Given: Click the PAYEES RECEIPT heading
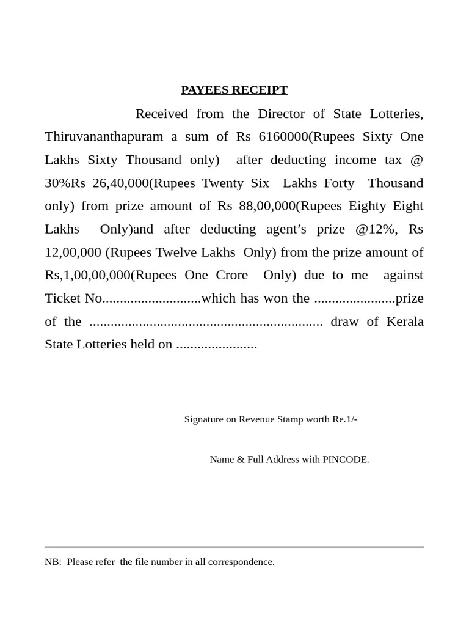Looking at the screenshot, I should (234, 90).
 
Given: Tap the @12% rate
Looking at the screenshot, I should (375, 229).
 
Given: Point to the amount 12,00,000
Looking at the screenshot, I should (73, 252).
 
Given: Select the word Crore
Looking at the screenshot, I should (231, 275).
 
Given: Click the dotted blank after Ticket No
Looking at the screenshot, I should (151, 299).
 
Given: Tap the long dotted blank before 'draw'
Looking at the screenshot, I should (206, 322).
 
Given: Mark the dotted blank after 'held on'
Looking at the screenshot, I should (216, 345).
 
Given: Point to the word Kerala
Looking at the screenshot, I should (405, 322).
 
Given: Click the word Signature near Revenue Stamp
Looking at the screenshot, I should (204, 419).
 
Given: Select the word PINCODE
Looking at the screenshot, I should (345, 460).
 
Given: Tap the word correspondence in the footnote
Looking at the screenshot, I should (240, 562).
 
